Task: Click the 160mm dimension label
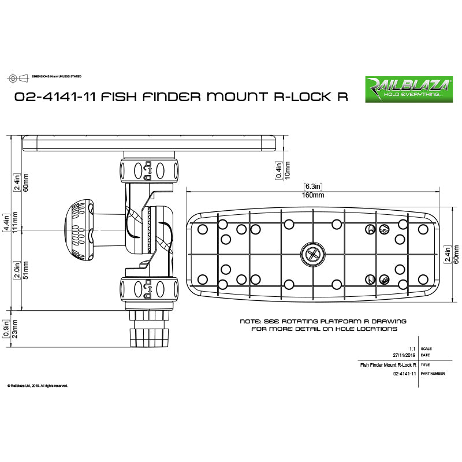click(x=312, y=195)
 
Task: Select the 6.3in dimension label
click(x=312, y=187)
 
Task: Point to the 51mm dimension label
click(x=25, y=271)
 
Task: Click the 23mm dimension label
click(x=14, y=329)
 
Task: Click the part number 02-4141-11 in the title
click(x=55, y=96)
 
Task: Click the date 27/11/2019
click(x=403, y=356)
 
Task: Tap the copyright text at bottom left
click(x=38, y=385)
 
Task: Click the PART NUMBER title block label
click(x=433, y=374)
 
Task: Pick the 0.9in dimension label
click(x=5, y=329)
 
